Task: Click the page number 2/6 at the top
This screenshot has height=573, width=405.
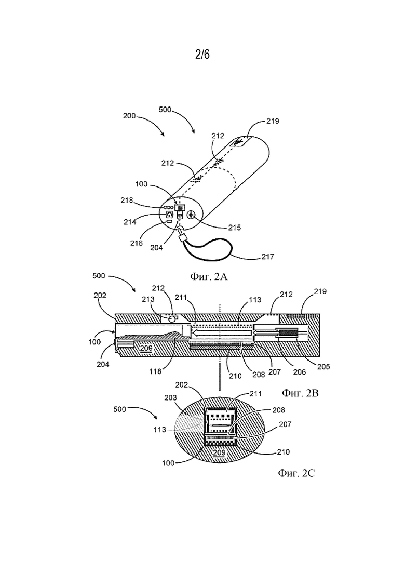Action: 203,55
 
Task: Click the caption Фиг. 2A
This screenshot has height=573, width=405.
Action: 209,277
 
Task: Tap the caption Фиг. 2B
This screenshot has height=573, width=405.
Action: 300,393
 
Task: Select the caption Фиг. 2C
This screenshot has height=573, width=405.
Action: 296,473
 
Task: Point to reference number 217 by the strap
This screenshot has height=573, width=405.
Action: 268,257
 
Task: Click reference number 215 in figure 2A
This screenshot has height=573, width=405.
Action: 235,228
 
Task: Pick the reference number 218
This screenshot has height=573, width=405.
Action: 127,200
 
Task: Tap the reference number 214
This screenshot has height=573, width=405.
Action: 130,221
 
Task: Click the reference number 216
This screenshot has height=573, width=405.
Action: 137,243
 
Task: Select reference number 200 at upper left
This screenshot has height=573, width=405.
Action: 129,116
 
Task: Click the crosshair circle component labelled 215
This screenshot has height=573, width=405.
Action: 191,215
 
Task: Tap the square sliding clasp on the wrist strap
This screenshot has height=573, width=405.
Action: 182,238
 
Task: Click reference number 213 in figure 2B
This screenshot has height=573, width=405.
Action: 148,299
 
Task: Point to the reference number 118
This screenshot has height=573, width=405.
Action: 155,371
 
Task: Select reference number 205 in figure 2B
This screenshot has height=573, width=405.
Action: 323,367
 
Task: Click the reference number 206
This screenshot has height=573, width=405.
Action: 300,372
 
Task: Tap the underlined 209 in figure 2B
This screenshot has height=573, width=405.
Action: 146,348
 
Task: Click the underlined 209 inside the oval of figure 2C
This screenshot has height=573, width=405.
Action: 219,453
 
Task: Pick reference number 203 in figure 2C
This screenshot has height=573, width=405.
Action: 170,397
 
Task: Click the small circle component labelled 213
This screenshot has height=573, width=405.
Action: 171,318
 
